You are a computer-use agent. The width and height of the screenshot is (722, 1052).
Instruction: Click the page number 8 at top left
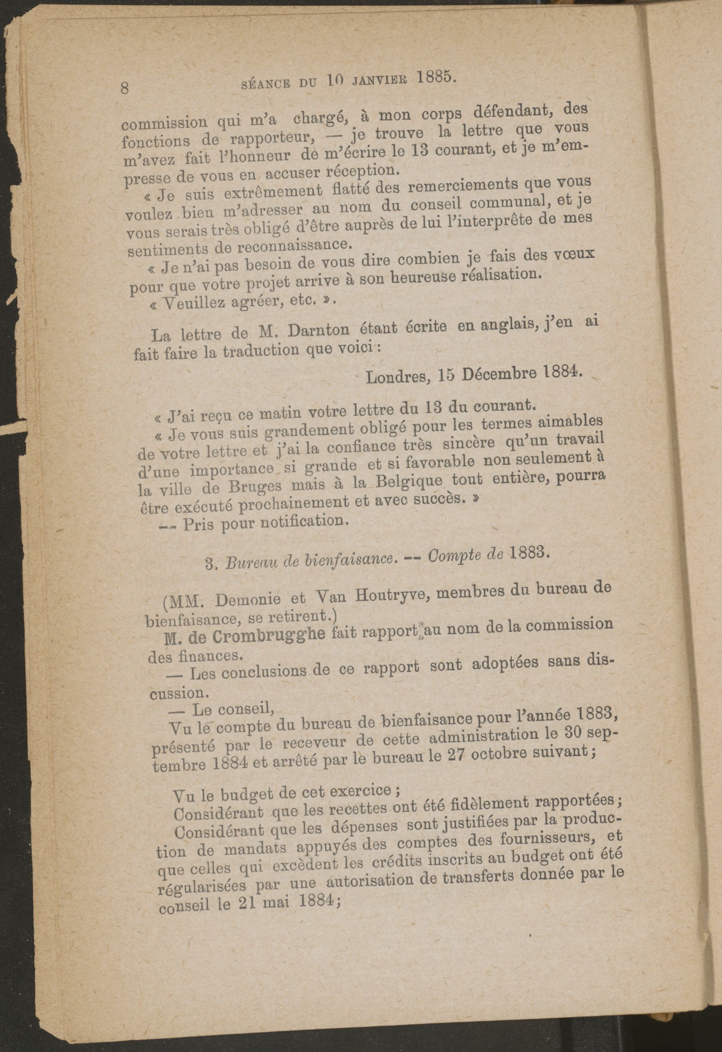pyautogui.click(x=125, y=87)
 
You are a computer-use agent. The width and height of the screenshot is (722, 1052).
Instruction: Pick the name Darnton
pyautogui.click(x=319, y=331)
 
